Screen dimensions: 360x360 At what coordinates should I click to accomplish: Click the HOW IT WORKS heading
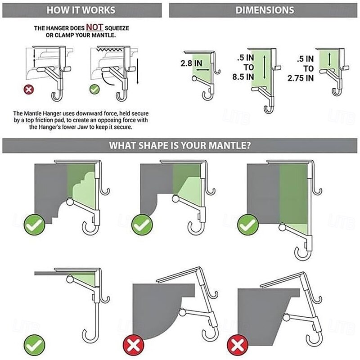pos(81,10)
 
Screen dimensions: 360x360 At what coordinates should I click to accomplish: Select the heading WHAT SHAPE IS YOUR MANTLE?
pos(180,146)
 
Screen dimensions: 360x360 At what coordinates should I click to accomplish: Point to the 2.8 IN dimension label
pos(191,64)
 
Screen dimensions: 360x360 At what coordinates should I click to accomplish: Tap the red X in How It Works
pos(29,89)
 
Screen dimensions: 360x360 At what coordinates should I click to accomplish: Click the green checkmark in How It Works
pos(94,89)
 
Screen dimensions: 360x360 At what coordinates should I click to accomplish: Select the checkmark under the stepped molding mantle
pos(35,225)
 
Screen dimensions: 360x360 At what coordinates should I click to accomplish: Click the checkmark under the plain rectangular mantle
pos(247,225)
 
